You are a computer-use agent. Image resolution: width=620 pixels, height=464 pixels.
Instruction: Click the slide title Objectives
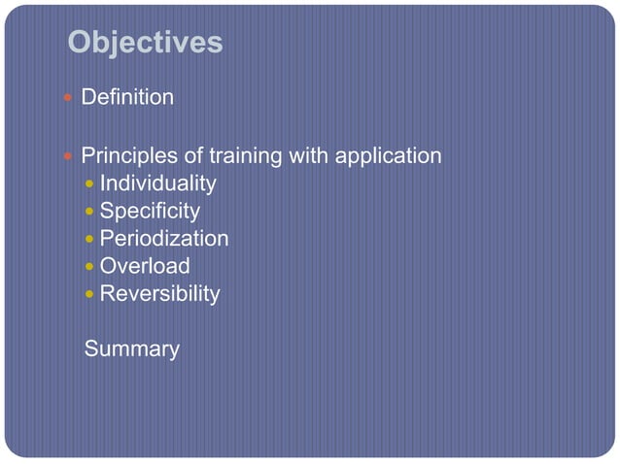pyautogui.click(x=146, y=43)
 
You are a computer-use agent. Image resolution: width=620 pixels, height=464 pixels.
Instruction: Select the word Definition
pyautogui.click(x=127, y=98)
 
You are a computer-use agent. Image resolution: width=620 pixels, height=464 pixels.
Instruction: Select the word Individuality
pyautogui.click(x=157, y=183)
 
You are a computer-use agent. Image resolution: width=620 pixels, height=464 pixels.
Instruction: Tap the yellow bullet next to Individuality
pyautogui.click(x=90, y=183)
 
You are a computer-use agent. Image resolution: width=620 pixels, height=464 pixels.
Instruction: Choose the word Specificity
pyautogui.click(x=150, y=211)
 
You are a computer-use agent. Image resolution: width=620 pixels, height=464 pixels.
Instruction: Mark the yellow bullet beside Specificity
pyautogui.click(x=90, y=211)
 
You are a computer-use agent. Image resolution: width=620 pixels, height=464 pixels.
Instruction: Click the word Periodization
pyautogui.click(x=164, y=239)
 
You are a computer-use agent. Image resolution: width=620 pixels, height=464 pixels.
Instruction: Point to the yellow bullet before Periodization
pyautogui.click(x=90, y=239)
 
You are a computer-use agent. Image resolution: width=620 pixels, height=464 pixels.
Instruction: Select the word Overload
pyautogui.click(x=145, y=266)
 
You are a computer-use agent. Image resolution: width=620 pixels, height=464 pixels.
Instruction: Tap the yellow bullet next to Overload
pyautogui.click(x=90, y=266)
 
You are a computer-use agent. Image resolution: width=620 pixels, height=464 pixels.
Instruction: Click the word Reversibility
pyautogui.click(x=159, y=293)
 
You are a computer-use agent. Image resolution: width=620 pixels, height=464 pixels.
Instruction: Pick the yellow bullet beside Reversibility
pyautogui.click(x=90, y=293)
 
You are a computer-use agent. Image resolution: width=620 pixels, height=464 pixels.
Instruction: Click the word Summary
pyautogui.click(x=132, y=349)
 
